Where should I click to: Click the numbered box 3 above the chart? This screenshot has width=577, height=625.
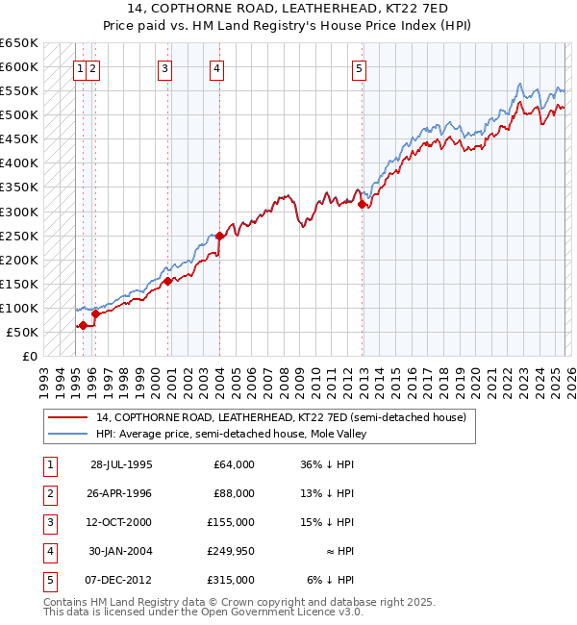164,68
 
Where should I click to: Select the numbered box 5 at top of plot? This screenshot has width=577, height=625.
359,68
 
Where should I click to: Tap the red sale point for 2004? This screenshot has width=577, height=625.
219,236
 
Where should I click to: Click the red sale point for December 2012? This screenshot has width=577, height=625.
363,204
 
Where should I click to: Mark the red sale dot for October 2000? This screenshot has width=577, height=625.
167,281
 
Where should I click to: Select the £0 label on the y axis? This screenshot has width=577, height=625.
29,356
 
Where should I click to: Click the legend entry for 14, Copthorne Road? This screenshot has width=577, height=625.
281,417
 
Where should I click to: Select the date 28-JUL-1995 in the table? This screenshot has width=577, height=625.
121,464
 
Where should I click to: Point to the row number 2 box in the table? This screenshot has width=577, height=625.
48,493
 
